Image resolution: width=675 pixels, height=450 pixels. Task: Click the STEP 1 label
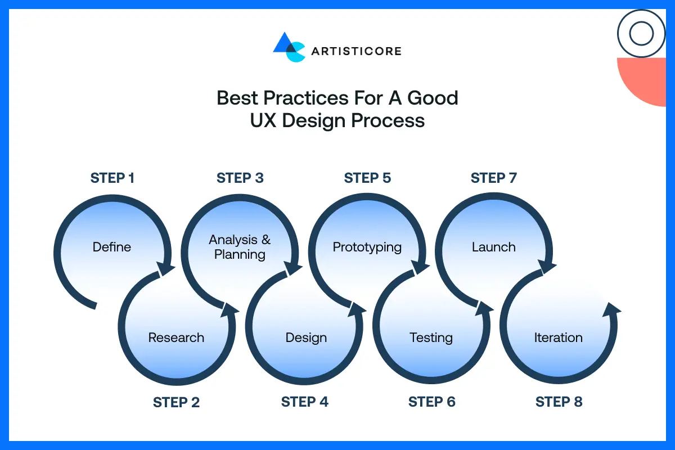112,178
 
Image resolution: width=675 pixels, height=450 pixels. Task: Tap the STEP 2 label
176,402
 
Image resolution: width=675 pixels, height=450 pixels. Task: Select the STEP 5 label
367,178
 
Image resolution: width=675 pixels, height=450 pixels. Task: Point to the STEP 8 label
559,402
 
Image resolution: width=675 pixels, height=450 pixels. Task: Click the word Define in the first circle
112,247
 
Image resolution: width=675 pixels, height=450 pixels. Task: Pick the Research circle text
176,337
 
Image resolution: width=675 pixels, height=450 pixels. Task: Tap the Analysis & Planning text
240,247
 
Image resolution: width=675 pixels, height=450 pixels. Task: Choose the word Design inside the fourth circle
306,337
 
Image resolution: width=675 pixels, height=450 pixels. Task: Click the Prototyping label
367,247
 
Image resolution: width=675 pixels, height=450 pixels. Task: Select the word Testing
431,337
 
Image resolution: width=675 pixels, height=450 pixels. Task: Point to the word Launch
494,247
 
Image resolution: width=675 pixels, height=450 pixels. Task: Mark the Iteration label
558,337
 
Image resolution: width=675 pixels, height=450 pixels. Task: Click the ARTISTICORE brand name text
356,51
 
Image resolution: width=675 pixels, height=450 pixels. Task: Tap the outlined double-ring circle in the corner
641,34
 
